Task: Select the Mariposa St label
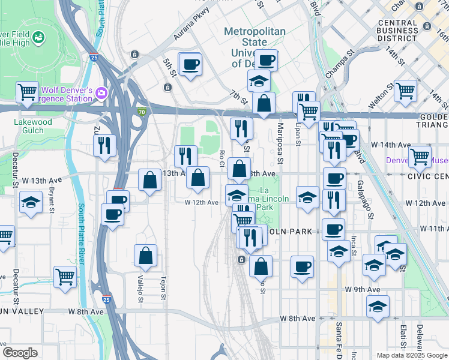[x=280, y=145]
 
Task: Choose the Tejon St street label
[x=163, y=284]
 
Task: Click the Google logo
[x=20, y=353]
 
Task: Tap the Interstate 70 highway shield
[x=142, y=111]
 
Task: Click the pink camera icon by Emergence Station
[x=101, y=93]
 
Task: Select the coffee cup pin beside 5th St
[x=191, y=64]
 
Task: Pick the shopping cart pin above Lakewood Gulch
[x=27, y=92]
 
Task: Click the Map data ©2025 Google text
[x=412, y=355]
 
